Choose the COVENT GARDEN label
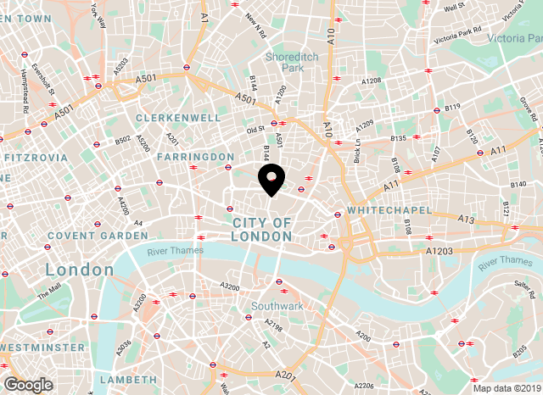click(86, 235)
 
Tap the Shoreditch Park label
click(284, 62)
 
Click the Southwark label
click(277, 305)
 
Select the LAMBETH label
click(128, 379)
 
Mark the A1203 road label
click(439, 252)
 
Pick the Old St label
click(255, 130)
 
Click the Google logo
click(28, 385)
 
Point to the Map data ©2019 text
click(507, 389)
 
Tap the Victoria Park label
click(515, 38)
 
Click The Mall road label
click(49, 291)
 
